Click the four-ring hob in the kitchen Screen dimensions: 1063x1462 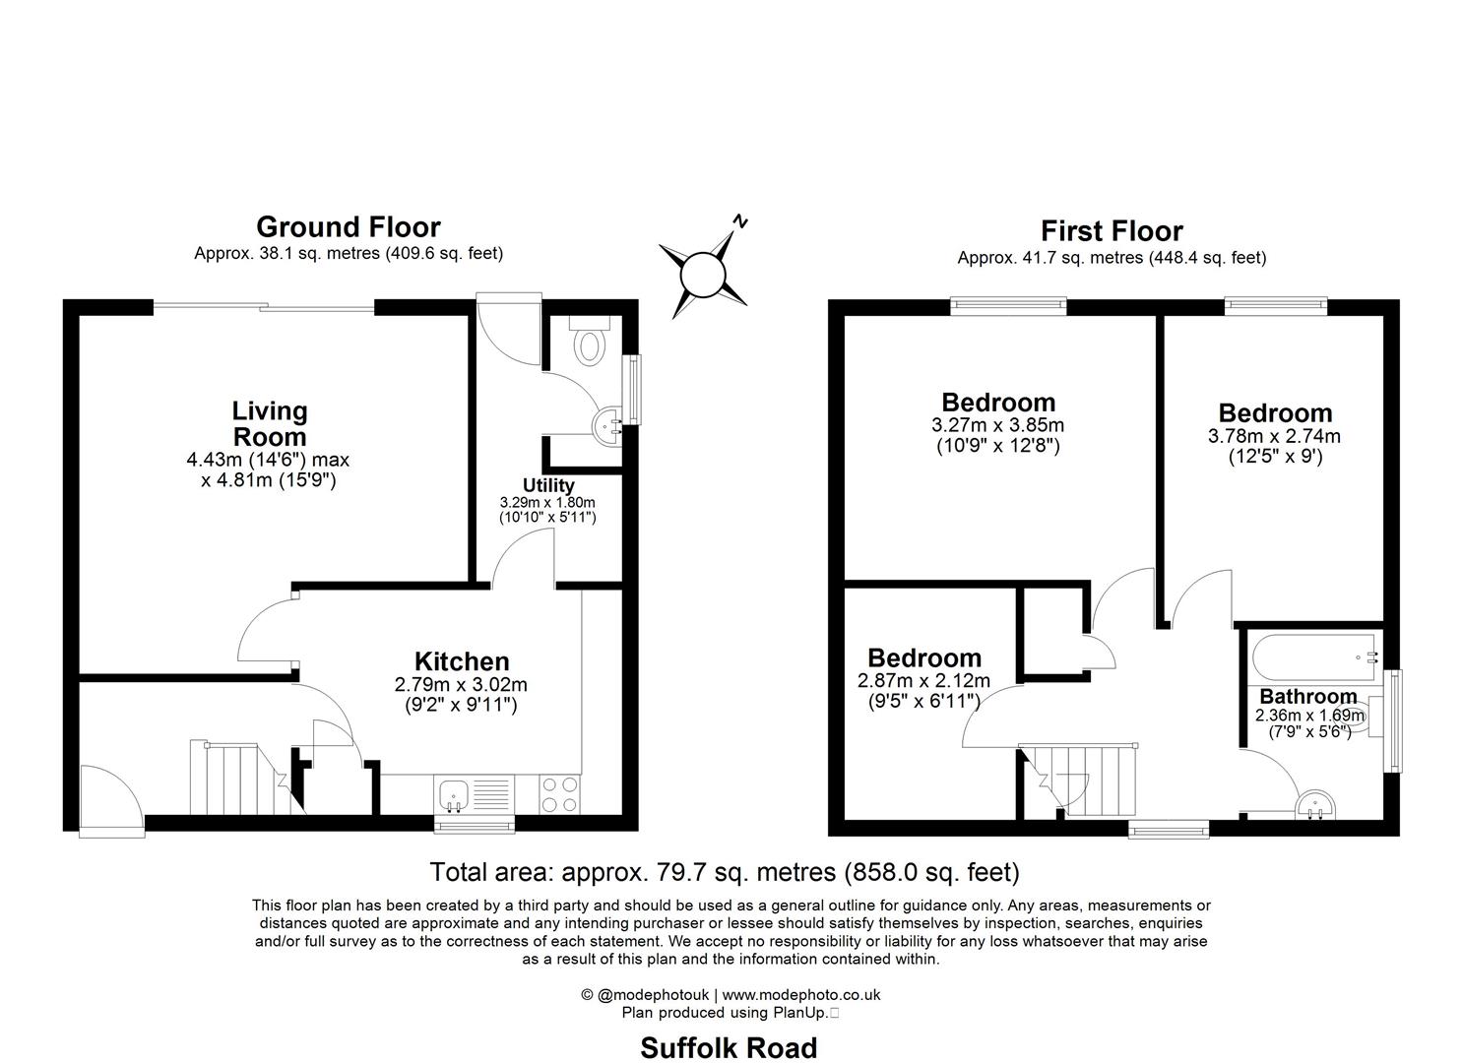(559, 793)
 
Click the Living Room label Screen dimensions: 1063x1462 (269, 423)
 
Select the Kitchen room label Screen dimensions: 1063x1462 (461, 661)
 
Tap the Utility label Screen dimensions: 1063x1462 (548, 485)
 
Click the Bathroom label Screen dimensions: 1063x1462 (1307, 697)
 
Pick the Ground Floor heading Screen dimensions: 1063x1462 (348, 226)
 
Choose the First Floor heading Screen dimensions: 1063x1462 (1112, 230)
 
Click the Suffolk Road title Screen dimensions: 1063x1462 (729, 1047)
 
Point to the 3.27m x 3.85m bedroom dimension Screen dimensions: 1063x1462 (997, 426)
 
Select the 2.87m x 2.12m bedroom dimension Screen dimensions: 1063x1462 (923, 681)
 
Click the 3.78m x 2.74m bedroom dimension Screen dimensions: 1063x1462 (1274, 436)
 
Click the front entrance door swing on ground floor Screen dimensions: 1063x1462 (106, 799)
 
